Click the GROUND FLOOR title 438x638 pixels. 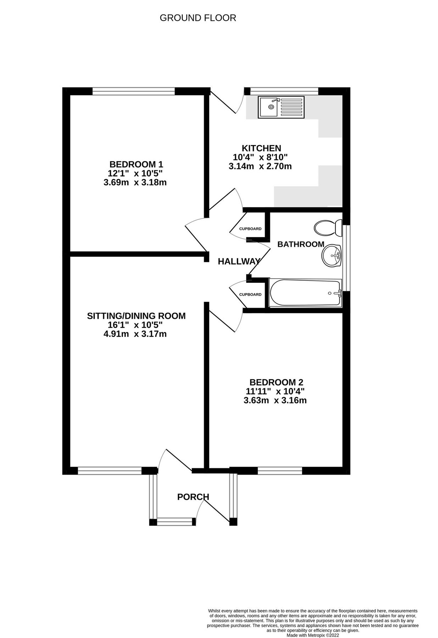pos(198,18)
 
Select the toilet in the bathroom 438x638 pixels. pos(327,227)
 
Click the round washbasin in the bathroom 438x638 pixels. pos(331,256)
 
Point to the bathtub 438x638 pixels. pos(305,293)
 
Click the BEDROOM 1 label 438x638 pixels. pos(136,164)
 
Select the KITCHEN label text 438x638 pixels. pos(261,148)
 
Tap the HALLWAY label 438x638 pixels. pos(238,262)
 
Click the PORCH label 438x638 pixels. pos(193,497)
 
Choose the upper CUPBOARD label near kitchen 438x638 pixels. pos(250,229)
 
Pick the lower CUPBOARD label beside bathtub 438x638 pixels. pos(250,295)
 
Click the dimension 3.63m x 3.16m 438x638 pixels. pos(275,401)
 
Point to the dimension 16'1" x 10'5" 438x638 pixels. pos(135,325)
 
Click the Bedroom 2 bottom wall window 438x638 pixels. pos(279,470)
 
